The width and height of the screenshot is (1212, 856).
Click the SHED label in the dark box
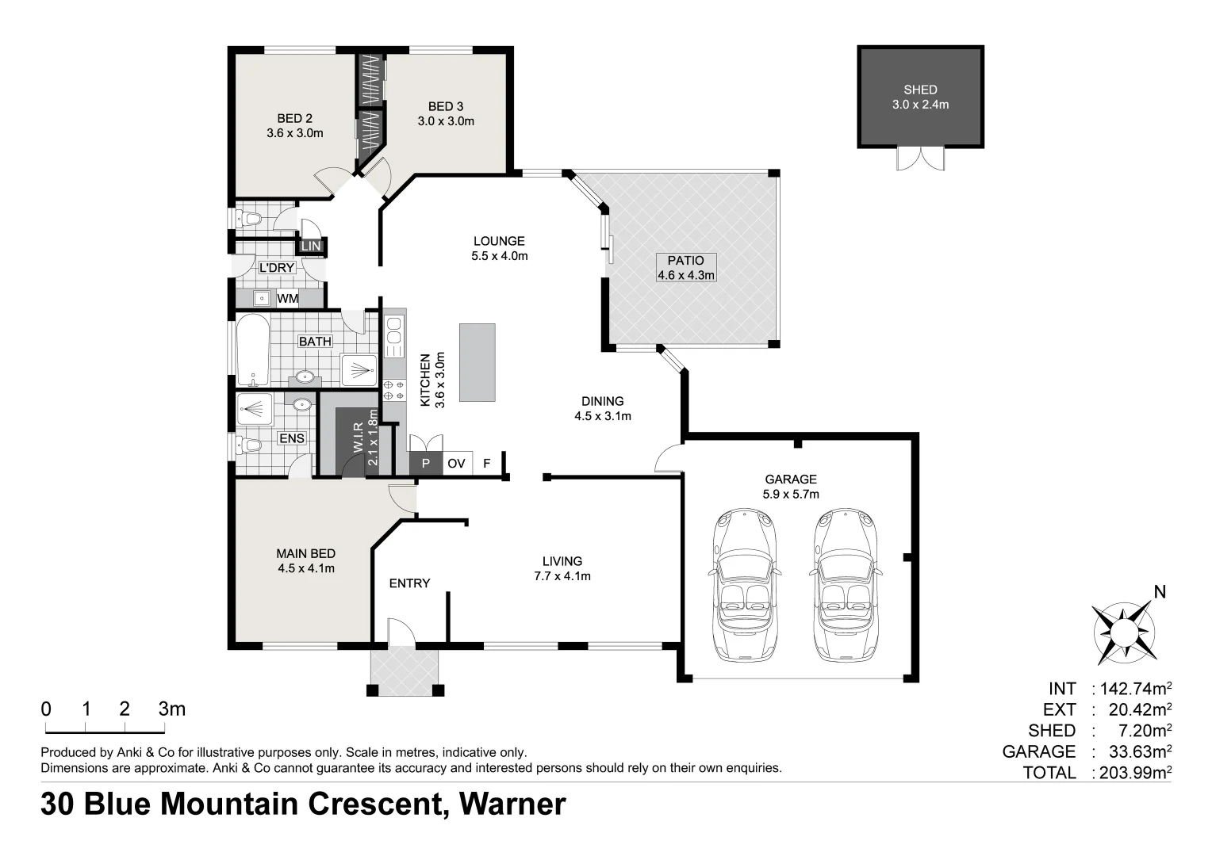[x=920, y=90]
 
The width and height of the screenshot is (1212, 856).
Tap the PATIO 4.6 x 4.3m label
[x=685, y=268]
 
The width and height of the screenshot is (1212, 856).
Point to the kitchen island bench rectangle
[x=477, y=363]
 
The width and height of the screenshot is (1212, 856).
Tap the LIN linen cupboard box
[x=311, y=246]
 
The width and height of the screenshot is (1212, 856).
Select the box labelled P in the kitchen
[x=426, y=464]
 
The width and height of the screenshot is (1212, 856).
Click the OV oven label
[x=456, y=464]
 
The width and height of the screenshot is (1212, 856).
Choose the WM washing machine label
[x=287, y=299]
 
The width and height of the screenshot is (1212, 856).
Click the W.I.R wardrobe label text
[x=358, y=436]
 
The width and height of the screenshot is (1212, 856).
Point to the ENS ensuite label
[x=291, y=438]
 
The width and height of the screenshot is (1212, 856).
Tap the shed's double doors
[x=920, y=159]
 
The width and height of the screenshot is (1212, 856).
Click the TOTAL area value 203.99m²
[x=1133, y=773]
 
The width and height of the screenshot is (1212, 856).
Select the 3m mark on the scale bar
[x=172, y=709]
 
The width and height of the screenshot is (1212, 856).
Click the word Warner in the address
[x=512, y=804]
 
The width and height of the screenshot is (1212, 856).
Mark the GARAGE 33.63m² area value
[x=1133, y=751]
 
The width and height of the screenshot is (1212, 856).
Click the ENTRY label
[x=409, y=583]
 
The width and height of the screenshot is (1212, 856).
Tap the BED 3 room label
[x=446, y=106]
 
